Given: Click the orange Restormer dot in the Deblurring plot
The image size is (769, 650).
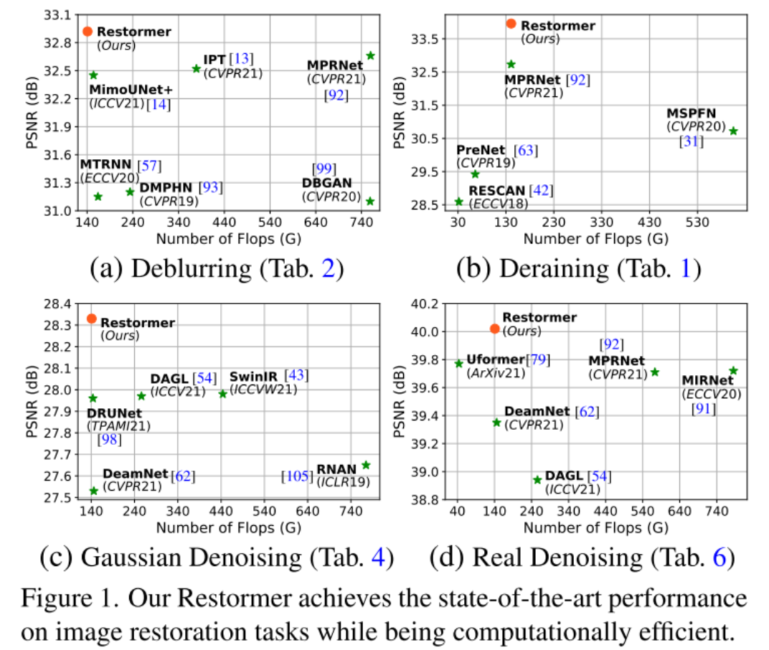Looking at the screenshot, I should pyautogui.click(x=88, y=32).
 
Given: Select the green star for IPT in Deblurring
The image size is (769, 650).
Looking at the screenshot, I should pyautogui.click(x=197, y=69).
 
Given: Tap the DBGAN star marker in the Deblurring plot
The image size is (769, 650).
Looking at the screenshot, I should pyautogui.click(x=370, y=201).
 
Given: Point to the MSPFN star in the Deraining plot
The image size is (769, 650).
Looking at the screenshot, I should pyautogui.click(x=733, y=131).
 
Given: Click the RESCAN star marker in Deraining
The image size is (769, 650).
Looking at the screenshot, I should pyautogui.click(x=459, y=202).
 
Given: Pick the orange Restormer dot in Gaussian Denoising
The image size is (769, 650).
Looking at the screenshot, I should pyautogui.click(x=92, y=319).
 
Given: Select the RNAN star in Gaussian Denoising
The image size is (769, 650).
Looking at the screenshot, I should pyautogui.click(x=366, y=465).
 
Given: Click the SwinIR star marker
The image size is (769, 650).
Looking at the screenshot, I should pyautogui.click(x=222, y=394).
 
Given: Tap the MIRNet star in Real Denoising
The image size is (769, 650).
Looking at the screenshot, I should pyautogui.click(x=733, y=371).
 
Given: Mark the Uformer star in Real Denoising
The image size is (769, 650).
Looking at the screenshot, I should pyautogui.click(x=459, y=364).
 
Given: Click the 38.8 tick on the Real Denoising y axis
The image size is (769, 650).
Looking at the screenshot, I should pyautogui.click(x=426, y=500).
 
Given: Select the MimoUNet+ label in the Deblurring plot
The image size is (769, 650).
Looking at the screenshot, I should pyautogui.click(x=131, y=90).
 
